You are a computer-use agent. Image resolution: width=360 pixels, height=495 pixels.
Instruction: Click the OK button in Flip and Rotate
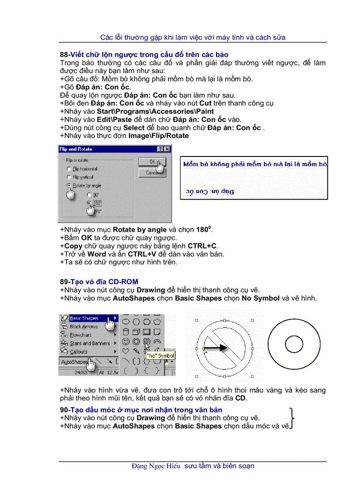click(x=151, y=162)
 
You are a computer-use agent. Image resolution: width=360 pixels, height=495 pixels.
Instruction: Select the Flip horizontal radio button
click(x=69, y=169)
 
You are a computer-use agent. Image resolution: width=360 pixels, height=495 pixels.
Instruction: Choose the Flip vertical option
click(x=69, y=177)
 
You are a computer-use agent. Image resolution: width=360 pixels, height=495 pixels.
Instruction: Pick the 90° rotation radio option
click(x=90, y=194)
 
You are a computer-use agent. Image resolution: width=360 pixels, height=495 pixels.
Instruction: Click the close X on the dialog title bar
click(x=167, y=149)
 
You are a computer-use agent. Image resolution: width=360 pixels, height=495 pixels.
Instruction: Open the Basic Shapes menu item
click(x=84, y=318)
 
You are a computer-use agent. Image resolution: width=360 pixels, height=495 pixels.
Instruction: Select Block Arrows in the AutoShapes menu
click(x=84, y=327)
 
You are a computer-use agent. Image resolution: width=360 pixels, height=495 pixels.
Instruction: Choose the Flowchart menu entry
click(x=81, y=335)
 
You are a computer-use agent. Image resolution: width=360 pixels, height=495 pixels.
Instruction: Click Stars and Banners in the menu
click(x=90, y=343)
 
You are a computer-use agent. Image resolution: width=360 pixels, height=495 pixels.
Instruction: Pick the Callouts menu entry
click(x=79, y=352)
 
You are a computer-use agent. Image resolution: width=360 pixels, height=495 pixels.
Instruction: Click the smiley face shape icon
click(x=126, y=341)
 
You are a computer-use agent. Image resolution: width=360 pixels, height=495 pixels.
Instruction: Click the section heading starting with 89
click(x=99, y=282)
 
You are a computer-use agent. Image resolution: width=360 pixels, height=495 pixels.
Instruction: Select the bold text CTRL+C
click(x=202, y=246)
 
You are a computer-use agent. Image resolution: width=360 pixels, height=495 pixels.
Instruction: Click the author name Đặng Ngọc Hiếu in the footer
click(x=156, y=466)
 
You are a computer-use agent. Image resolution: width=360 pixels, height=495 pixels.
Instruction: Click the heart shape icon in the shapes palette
click(x=126, y=351)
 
